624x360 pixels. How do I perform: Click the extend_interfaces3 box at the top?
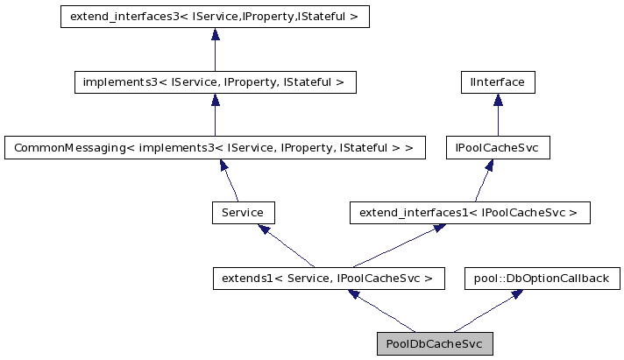coord(215,17)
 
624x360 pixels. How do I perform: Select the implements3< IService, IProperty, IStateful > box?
coord(215,82)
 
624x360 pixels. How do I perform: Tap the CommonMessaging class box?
coord(215,148)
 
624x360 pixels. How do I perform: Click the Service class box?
coord(243,213)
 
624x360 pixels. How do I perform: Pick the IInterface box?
coord(498,82)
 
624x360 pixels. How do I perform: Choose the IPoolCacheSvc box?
coord(498,148)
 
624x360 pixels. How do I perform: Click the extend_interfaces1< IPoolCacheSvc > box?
coord(469,213)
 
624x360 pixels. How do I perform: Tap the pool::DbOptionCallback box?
coord(541,279)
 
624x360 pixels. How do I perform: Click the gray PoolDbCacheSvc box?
coord(435,343)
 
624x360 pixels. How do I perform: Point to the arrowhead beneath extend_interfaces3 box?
coord(215,34)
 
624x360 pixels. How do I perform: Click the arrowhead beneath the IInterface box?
coord(498,100)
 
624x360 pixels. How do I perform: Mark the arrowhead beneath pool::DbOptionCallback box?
coord(518,294)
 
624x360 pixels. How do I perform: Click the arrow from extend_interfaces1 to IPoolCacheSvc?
coord(482,180)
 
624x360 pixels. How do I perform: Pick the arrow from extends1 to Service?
coord(287,246)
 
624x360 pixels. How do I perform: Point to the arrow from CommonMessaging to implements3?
coord(215,115)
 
